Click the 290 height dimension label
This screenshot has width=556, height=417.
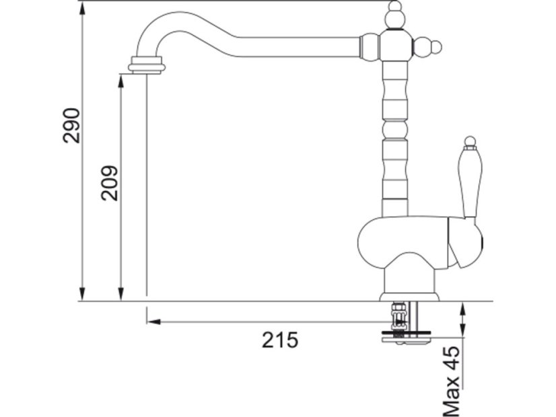point(71,125)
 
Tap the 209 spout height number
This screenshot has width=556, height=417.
point(109,183)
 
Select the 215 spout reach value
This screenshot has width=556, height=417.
point(280,340)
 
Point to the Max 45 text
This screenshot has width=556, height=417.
point(451,381)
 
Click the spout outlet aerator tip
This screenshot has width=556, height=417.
point(147,65)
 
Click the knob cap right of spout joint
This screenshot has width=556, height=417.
point(427,46)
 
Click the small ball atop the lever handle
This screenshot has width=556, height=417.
point(469,140)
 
